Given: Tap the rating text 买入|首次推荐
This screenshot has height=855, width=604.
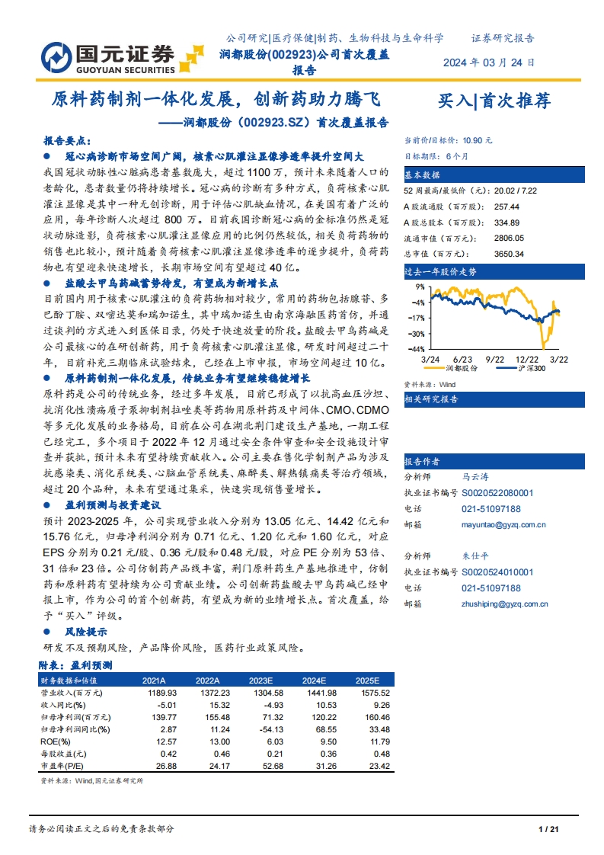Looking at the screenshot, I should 494,101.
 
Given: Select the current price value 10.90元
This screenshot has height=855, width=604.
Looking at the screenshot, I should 477,140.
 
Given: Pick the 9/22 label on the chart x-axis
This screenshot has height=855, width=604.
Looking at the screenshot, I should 495,357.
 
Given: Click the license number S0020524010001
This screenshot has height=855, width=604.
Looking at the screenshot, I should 497,572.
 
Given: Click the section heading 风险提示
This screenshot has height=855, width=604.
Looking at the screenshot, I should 85,632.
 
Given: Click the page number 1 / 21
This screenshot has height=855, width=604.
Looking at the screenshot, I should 548,829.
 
